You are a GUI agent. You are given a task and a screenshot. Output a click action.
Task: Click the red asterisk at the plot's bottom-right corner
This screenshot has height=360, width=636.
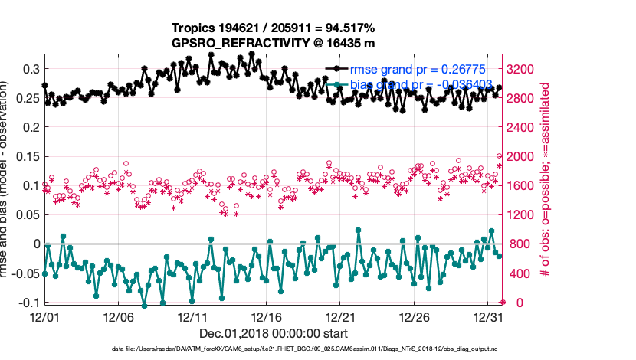[x=502, y=303]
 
